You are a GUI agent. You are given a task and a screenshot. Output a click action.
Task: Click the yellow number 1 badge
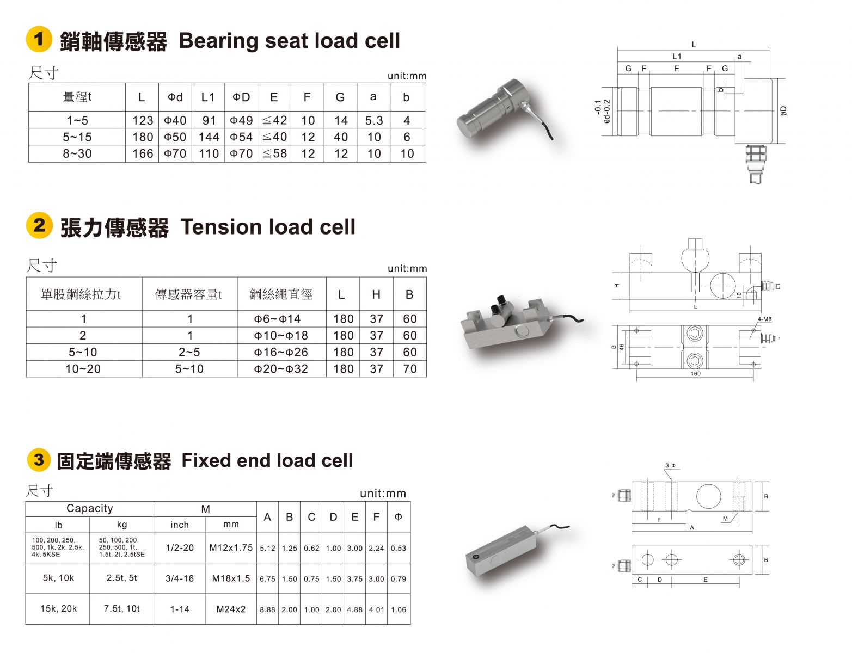(x=39, y=40)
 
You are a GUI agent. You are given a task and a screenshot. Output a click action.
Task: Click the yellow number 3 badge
(x=39, y=460)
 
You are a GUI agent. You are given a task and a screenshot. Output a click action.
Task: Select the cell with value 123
(x=142, y=120)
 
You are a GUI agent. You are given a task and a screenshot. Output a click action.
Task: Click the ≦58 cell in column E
(x=274, y=153)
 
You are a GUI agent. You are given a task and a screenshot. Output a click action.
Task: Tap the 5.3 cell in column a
(x=373, y=120)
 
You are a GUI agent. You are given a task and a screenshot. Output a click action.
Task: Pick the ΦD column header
(x=241, y=97)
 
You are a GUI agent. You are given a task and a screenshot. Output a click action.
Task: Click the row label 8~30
(x=77, y=153)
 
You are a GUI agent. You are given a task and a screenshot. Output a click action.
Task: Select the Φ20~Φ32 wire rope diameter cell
(x=281, y=369)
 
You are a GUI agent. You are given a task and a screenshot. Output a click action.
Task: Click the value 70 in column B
(x=409, y=369)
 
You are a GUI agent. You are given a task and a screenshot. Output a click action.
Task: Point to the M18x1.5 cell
(x=231, y=578)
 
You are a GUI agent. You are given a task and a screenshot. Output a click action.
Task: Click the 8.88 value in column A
(x=267, y=609)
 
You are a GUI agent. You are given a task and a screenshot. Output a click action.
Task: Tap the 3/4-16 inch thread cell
(x=180, y=578)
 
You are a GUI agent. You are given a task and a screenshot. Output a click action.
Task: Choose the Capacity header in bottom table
(x=90, y=508)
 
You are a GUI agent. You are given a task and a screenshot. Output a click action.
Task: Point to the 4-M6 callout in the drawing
(x=764, y=319)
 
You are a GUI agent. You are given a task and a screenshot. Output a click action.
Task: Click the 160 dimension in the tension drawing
(x=695, y=374)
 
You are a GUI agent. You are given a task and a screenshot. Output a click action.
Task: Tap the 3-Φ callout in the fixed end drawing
(x=670, y=466)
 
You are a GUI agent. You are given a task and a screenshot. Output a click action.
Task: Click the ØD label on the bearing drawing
(x=783, y=111)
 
